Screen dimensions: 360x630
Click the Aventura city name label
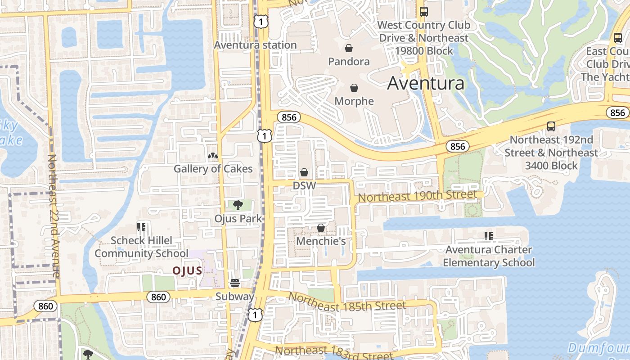click(426, 83)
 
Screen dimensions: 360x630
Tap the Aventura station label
click(255, 45)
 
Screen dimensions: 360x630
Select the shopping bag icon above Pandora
click(349, 48)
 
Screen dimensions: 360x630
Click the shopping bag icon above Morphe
click(354, 87)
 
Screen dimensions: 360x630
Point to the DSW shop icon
click(304, 172)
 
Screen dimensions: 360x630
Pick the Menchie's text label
click(321, 241)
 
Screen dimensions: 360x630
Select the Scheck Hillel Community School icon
click(141, 227)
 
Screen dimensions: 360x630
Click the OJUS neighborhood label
click(188, 270)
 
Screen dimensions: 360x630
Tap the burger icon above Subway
click(234, 283)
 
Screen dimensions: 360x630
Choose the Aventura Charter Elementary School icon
click(489, 236)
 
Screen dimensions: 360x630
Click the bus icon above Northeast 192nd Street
click(551, 126)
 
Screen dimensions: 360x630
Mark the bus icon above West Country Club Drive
click(423, 12)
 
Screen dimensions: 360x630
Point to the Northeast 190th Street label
click(417, 196)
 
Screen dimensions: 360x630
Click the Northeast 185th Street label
click(347, 302)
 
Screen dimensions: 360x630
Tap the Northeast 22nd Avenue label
click(54, 216)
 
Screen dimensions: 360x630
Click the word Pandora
click(349, 61)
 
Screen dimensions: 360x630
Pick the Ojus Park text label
click(238, 219)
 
